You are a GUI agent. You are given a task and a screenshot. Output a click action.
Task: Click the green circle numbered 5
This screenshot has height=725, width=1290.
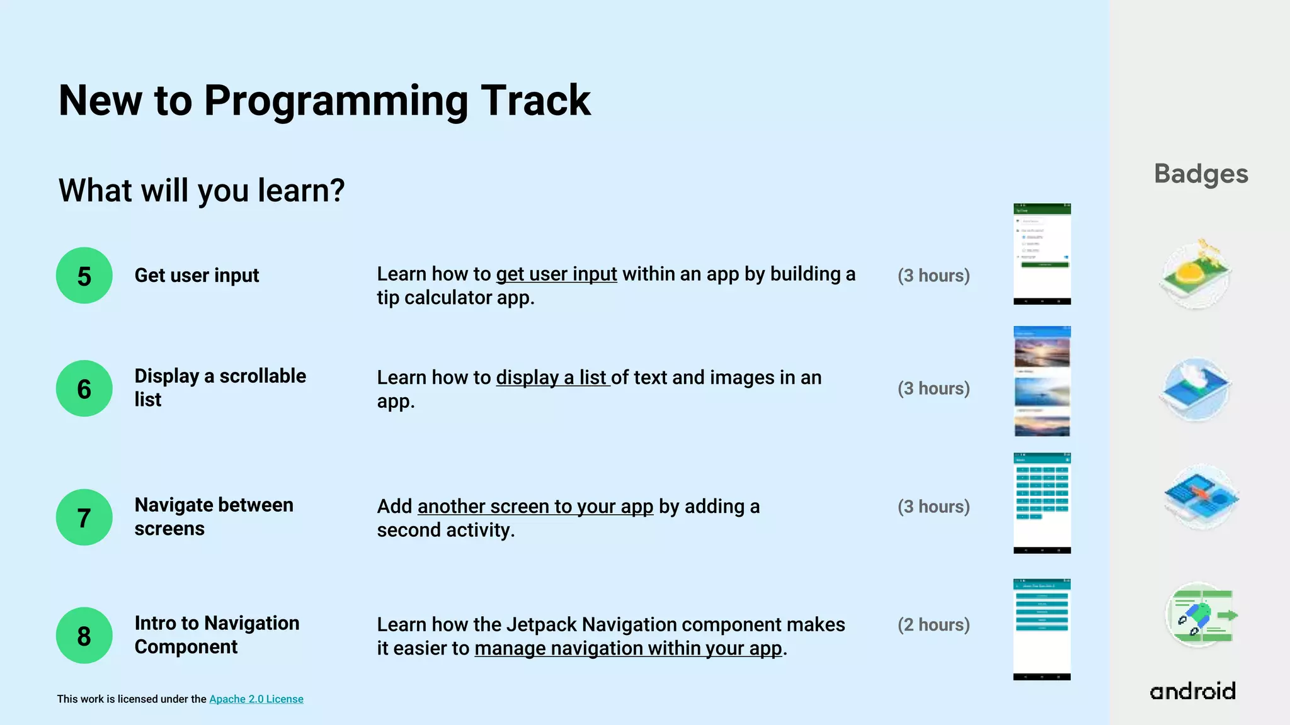[84, 276]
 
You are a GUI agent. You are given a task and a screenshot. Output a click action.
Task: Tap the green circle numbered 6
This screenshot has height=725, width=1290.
[84, 388]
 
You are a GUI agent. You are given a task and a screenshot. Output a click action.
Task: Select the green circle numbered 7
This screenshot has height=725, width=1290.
[84, 517]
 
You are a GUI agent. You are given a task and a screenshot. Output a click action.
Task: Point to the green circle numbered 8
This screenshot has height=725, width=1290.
[84, 635]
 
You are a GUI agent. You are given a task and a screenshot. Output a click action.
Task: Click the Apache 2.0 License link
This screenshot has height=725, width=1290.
[256, 699]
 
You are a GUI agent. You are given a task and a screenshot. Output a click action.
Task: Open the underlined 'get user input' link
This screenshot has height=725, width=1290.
[556, 274]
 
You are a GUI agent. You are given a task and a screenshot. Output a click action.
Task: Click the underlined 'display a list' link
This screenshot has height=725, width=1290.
[552, 378]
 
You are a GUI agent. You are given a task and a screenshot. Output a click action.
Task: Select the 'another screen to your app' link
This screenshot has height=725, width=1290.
[535, 507]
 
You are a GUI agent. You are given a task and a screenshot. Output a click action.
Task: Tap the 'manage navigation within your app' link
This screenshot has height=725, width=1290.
[628, 648]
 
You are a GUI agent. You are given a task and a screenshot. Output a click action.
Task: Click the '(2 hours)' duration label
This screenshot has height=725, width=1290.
[933, 625]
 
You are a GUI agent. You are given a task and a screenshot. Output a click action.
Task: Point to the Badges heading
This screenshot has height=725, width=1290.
[1201, 174]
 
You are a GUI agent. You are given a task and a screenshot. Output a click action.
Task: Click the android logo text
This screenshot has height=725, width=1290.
[1192, 691]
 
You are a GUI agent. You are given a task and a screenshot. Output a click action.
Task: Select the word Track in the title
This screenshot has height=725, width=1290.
[535, 101]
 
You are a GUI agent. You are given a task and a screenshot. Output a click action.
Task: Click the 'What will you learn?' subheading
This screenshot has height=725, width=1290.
[202, 190]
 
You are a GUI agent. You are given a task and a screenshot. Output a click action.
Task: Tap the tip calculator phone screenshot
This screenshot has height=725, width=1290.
[1042, 254]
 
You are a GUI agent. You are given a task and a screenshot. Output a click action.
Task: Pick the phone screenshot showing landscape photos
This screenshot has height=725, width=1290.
[1042, 381]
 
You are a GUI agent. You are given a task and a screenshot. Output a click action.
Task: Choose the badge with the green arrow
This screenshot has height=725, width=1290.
[1201, 615]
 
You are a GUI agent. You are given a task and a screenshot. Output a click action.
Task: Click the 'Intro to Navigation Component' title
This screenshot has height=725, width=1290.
[217, 635]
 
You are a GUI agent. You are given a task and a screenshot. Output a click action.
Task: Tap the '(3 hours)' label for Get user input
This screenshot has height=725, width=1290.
[933, 276]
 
